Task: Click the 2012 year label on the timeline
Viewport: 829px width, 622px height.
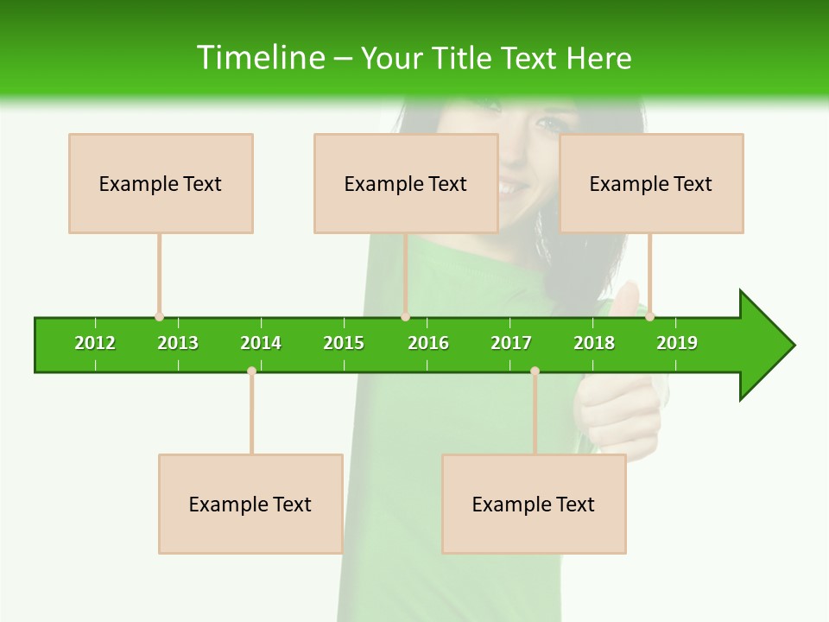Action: (x=95, y=343)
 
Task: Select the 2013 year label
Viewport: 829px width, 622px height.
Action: (x=178, y=343)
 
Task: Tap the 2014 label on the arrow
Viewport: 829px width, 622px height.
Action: (x=261, y=343)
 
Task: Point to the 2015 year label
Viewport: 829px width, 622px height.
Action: (x=344, y=343)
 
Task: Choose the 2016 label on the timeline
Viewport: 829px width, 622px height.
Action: (x=428, y=343)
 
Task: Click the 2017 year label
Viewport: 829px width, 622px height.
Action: (x=511, y=343)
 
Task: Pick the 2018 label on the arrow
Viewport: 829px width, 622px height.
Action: (x=594, y=343)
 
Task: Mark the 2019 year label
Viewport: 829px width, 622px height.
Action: (x=677, y=343)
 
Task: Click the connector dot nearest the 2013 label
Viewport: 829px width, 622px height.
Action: (x=159, y=317)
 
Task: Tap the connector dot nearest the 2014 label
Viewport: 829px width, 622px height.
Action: (x=251, y=371)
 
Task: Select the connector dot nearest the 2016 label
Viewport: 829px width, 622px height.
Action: (x=405, y=317)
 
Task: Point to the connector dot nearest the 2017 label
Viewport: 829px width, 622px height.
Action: (x=535, y=371)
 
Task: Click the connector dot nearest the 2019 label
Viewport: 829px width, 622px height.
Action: (x=650, y=317)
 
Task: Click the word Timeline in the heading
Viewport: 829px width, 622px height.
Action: (x=260, y=58)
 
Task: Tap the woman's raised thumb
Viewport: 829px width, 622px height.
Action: (x=626, y=298)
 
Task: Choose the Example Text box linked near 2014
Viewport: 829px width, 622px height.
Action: (x=250, y=504)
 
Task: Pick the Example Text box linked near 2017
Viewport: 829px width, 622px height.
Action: (x=534, y=504)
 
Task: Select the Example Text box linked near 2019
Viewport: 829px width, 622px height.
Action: (x=651, y=183)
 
